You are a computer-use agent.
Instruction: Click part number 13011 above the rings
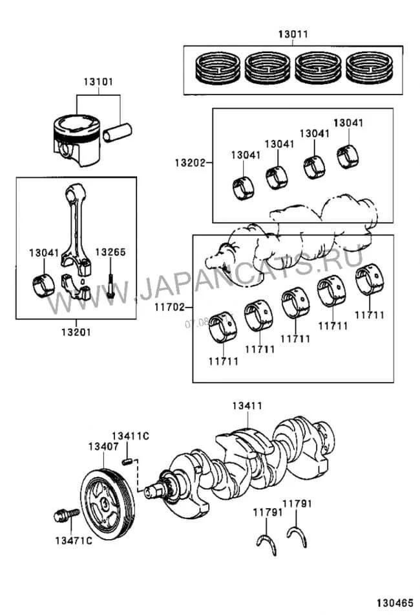293,34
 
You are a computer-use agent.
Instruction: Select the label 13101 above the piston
98,82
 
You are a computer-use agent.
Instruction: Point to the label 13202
188,163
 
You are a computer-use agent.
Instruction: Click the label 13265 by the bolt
110,252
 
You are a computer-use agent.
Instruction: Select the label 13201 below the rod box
76,332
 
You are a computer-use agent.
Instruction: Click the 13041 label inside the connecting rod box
43,252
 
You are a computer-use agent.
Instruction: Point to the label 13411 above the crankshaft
247,406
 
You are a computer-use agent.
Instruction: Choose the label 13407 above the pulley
103,447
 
